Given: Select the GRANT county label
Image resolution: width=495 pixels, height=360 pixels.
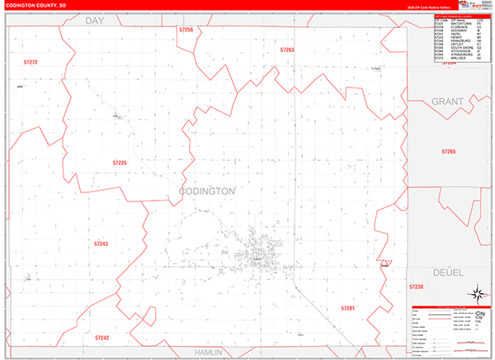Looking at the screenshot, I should [x=448, y=101].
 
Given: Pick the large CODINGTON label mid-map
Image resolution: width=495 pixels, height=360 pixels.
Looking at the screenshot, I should [x=207, y=191].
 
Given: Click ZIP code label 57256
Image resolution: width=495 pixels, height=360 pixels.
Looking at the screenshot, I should [x=186, y=30].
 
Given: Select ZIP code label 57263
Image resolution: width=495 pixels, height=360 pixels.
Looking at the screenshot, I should [x=286, y=50].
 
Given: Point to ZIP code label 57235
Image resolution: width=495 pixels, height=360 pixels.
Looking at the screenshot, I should [x=120, y=163].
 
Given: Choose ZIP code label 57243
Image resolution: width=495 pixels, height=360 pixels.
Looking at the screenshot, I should [x=101, y=244].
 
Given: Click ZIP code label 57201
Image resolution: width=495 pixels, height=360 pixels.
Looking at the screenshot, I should [x=347, y=307].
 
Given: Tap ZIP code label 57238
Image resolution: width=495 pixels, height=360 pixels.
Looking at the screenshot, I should [x=416, y=286].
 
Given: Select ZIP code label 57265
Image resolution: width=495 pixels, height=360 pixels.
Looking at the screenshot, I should [x=448, y=152].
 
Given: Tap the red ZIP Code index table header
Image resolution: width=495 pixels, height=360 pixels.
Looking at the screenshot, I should [x=457, y=16].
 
